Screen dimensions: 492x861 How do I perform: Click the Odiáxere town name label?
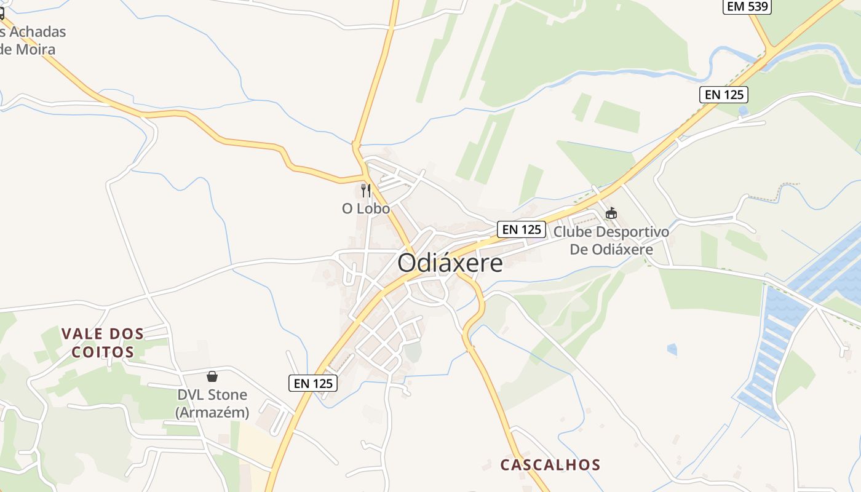pos(450,263)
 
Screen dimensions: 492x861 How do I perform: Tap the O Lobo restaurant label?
pos(366,208)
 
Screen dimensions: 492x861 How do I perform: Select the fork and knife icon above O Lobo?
pos(366,190)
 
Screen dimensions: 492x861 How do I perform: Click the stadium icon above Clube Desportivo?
pos(611,213)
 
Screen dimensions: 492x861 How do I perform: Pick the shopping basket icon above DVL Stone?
pos(212,376)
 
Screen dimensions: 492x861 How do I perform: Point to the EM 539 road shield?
pos(747,7)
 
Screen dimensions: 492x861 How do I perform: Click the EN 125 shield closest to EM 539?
pos(723,95)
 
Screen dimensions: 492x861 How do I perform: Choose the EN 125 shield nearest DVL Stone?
pos(313,383)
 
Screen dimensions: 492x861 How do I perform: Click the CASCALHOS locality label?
pos(550,464)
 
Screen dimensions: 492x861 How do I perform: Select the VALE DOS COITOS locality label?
pos(103,343)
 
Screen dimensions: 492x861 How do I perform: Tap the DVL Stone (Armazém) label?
pos(212,403)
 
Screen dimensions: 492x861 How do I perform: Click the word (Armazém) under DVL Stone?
pos(212,413)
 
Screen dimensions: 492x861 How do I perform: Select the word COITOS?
pos(103,352)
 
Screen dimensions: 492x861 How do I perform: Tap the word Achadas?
pos(37,31)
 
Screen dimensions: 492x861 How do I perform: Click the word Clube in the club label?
pos(571,232)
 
